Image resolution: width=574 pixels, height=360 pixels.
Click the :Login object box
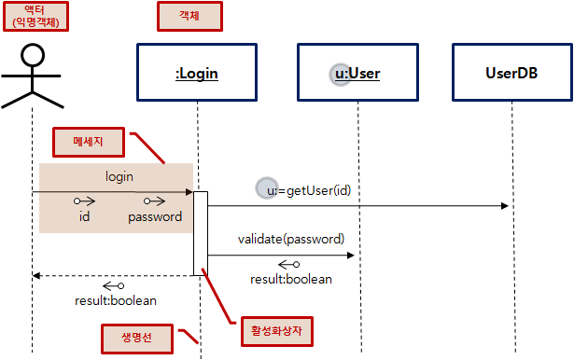coord(197,71)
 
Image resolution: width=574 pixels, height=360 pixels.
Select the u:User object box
coord(357,71)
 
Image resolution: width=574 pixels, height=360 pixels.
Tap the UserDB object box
coord(511,71)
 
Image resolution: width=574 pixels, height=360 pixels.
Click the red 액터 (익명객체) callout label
coord(33,15)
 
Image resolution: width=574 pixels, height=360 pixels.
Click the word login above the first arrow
coord(119,175)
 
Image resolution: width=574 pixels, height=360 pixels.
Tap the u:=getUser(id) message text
coord(308,190)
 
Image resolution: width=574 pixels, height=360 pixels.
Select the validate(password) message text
coord(290,238)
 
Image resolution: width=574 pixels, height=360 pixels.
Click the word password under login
coord(154,216)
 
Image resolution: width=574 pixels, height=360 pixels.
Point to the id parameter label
coord(84,216)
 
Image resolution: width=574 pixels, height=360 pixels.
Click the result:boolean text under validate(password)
coord(291,279)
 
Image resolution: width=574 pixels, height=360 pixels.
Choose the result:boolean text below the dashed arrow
coord(116,300)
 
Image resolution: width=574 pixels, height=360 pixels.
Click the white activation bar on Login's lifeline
coord(201,233)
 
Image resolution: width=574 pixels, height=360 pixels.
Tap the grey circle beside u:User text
coord(343,72)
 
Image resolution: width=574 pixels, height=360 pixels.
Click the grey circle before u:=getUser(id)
coord(266,189)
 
